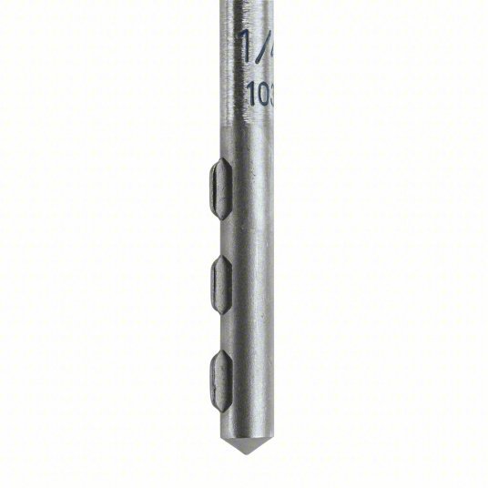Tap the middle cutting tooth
pos(220,282)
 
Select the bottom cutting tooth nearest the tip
pos(220,377)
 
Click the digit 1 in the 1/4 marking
pos(244,46)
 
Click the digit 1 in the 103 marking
pos(249,92)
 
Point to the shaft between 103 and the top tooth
pos(249,132)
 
